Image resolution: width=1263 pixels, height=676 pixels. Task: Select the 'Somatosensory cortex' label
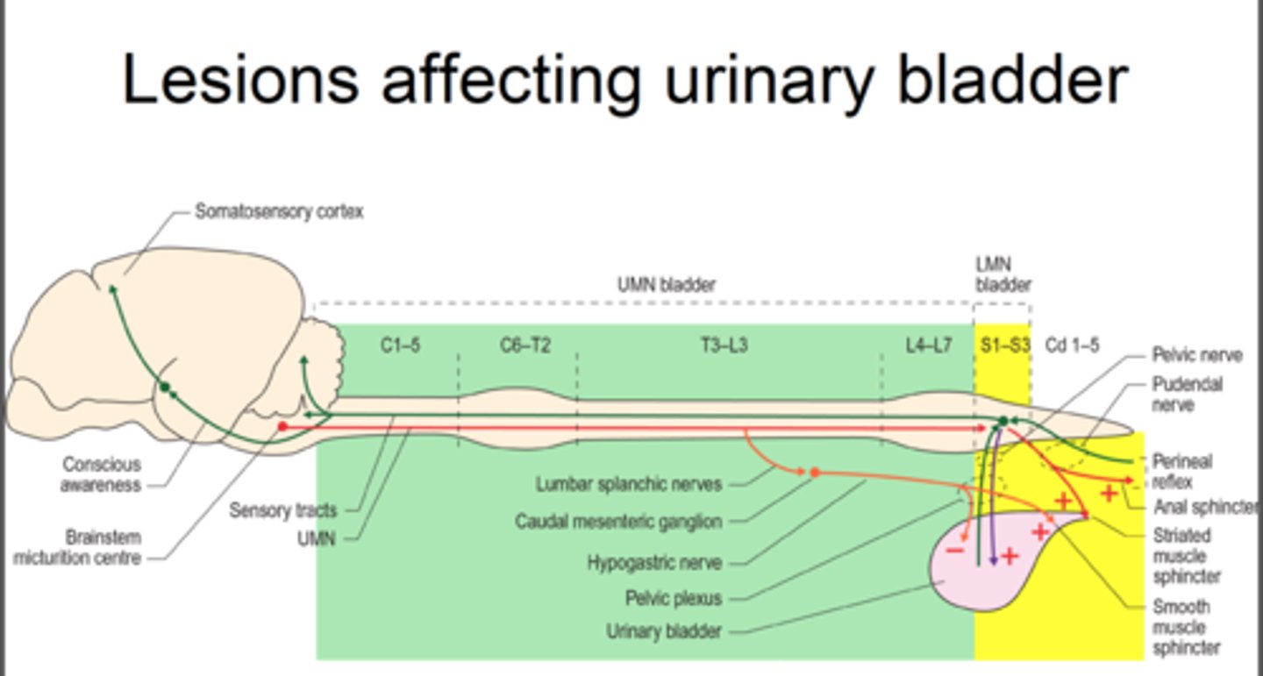[279, 212]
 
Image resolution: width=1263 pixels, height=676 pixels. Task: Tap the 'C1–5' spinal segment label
[400, 345]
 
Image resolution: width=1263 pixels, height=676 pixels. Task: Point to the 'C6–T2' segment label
[525, 345]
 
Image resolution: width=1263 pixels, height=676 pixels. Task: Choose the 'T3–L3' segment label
[724, 345]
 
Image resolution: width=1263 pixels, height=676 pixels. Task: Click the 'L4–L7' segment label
[928, 345]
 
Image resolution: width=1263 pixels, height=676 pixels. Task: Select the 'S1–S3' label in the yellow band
[1005, 345]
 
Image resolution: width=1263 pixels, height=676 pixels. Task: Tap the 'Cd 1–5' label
[1072, 345]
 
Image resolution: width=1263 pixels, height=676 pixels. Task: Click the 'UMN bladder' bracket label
[666, 285]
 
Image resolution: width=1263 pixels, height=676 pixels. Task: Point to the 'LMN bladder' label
[1003, 274]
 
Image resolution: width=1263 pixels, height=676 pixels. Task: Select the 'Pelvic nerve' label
[1196, 355]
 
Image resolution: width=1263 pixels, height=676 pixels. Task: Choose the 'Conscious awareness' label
[101, 474]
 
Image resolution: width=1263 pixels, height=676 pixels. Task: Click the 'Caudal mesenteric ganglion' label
[618, 522]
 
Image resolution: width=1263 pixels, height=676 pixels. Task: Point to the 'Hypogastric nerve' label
[654, 562]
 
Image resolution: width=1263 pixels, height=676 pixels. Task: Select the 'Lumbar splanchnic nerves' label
[628, 484]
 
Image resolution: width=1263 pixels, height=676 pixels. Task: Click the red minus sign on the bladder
[955, 551]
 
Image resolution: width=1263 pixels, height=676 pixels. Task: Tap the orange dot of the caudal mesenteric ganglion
[815, 473]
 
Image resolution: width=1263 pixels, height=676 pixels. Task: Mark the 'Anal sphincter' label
[1206, 507]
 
